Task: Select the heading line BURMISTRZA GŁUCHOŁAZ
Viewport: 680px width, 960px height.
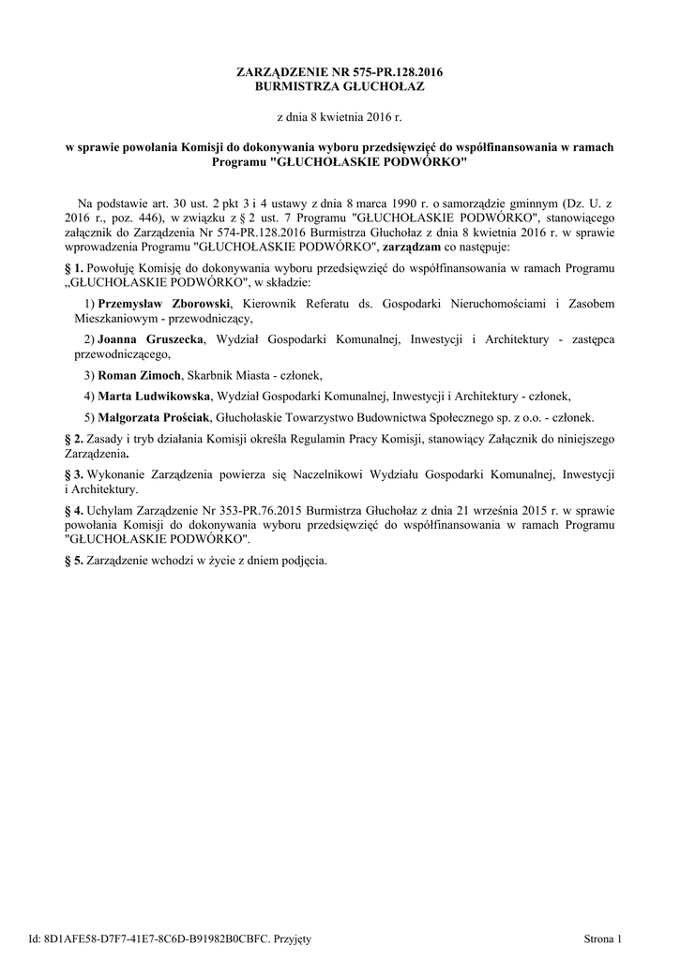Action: point(340,86)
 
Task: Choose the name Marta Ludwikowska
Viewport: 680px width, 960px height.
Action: point(154,396)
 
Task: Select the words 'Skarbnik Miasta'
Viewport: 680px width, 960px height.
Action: point(227,374)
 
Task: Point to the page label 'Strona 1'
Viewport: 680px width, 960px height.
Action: point(602,937)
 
